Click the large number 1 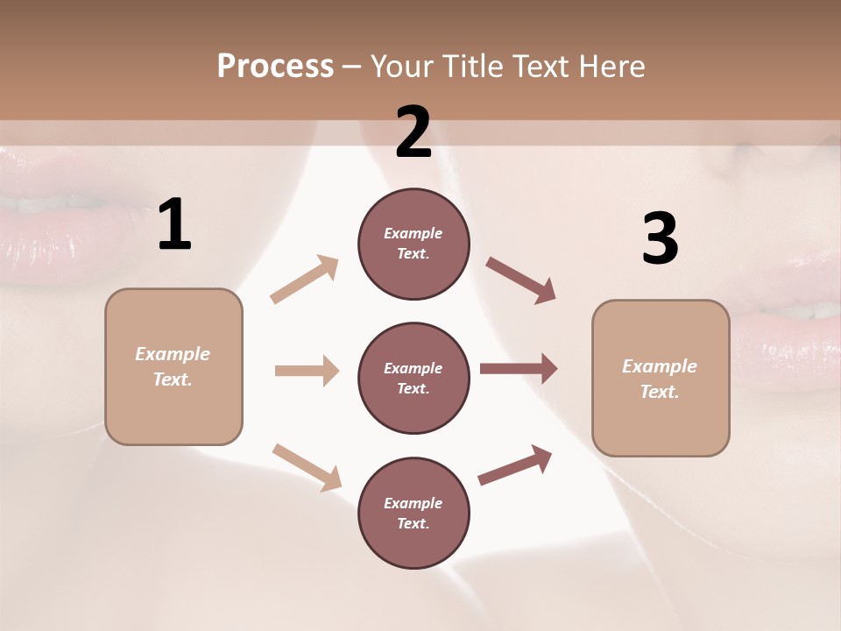pos(174,225)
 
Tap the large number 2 pos(413,132)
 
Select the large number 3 pos(661,239)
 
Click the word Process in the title pos(275,66)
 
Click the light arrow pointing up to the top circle pos(305,279)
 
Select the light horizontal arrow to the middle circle pos(307,371)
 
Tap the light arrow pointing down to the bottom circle pos(307,467)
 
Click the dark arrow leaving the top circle pos(520,280)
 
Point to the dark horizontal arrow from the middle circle pos(519,369)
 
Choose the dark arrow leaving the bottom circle pos(515,464)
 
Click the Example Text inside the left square pos(173,366)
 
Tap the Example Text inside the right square pos(660,379)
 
